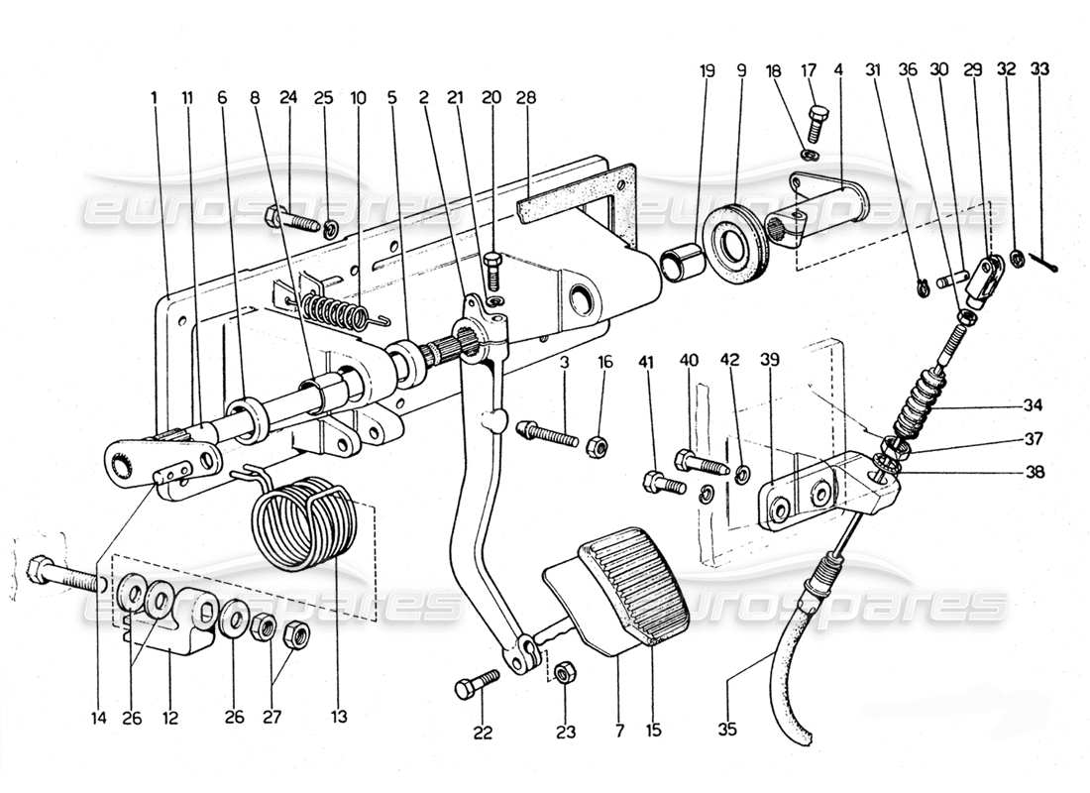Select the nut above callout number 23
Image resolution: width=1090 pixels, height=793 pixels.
tap(562, 672)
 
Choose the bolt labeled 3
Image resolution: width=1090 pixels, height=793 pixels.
tap(546, 432)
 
